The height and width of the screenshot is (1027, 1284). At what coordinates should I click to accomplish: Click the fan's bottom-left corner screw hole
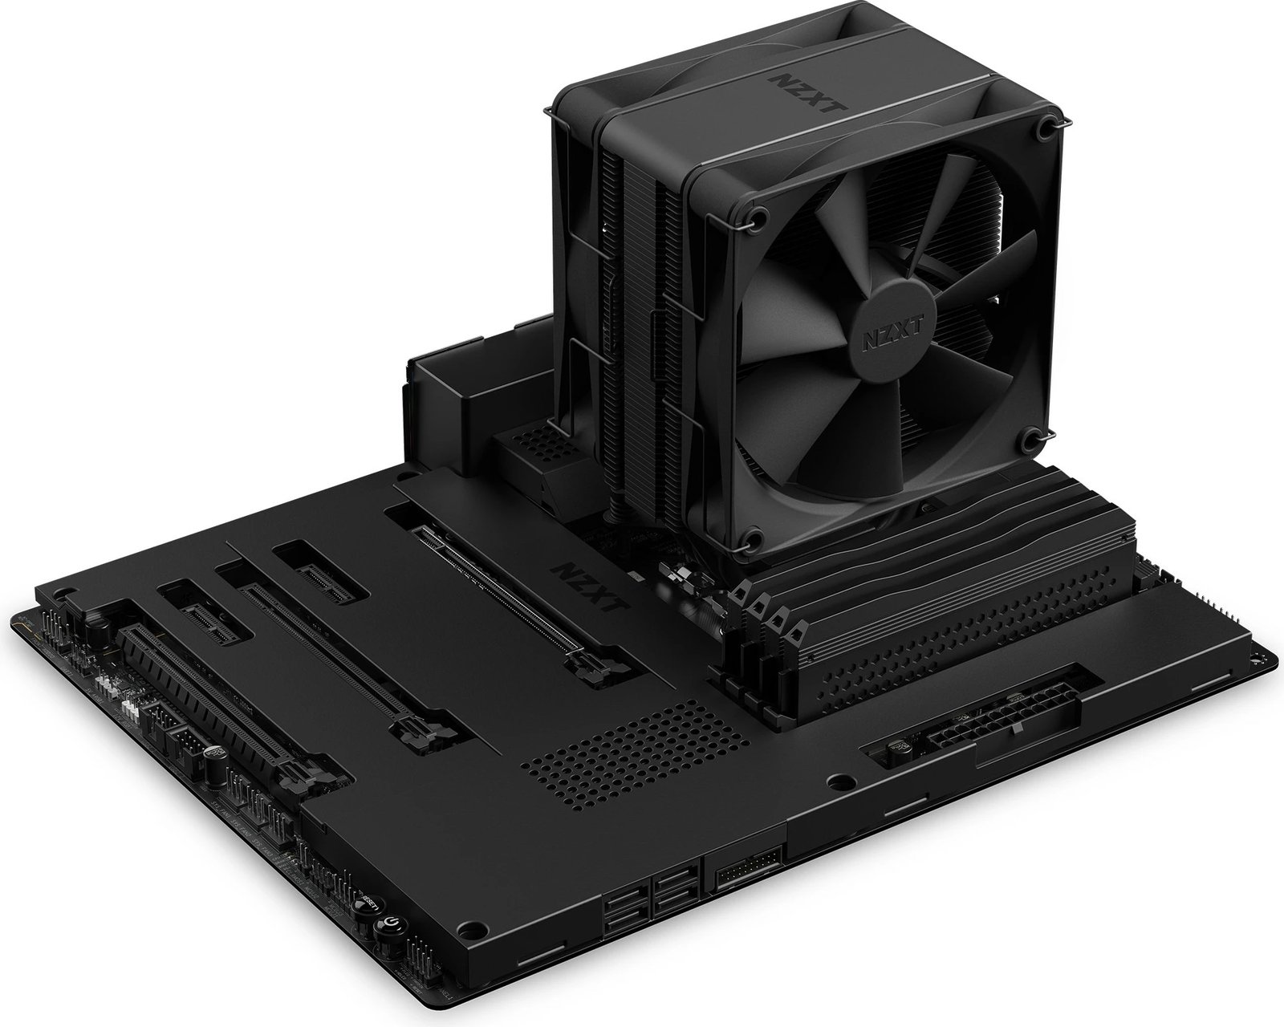point(754,538)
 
